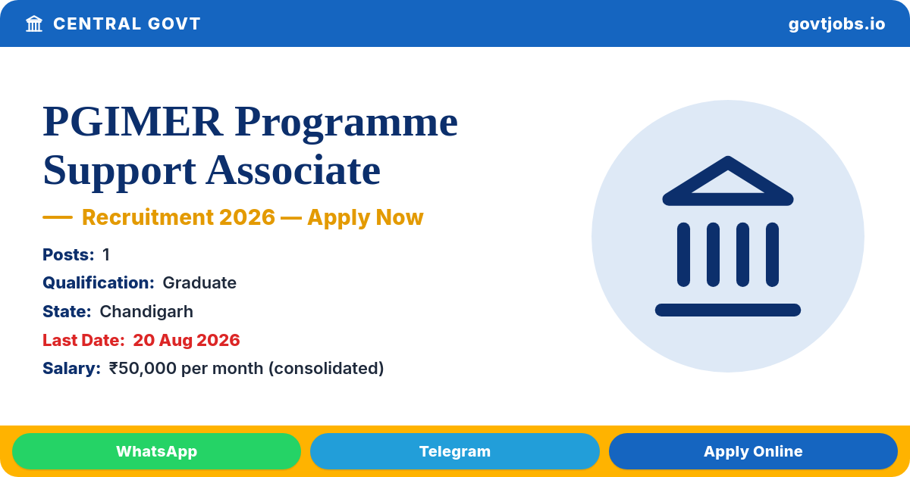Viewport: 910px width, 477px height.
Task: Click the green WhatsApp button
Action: click(156, 451)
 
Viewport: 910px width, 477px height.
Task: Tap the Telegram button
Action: click(454, 451)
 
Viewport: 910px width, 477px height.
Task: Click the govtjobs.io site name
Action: click(836, 24)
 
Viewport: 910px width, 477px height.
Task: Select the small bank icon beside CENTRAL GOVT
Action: click(34, 24)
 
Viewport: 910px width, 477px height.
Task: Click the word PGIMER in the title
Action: click(133, 122)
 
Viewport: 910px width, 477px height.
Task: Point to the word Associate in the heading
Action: click(293, 170)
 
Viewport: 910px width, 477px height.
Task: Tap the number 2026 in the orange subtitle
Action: click(247, 217)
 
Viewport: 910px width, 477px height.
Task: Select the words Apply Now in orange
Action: click(366, 217)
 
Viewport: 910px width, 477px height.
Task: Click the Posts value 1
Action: click(106, 254)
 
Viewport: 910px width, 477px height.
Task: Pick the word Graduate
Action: click(199, 282)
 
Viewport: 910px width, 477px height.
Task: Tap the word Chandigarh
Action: click(146, 312)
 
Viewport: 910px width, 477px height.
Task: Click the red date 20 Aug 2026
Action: click(187, 340)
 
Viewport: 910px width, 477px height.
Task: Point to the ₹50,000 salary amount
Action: click(143, 368)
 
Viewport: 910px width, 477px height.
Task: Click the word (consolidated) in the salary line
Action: click(326, 368)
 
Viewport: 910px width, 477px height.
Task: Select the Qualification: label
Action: click(99, 282)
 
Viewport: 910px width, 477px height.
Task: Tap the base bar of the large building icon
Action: click(727, 310)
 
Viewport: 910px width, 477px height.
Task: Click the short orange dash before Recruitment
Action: click(58, 217)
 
